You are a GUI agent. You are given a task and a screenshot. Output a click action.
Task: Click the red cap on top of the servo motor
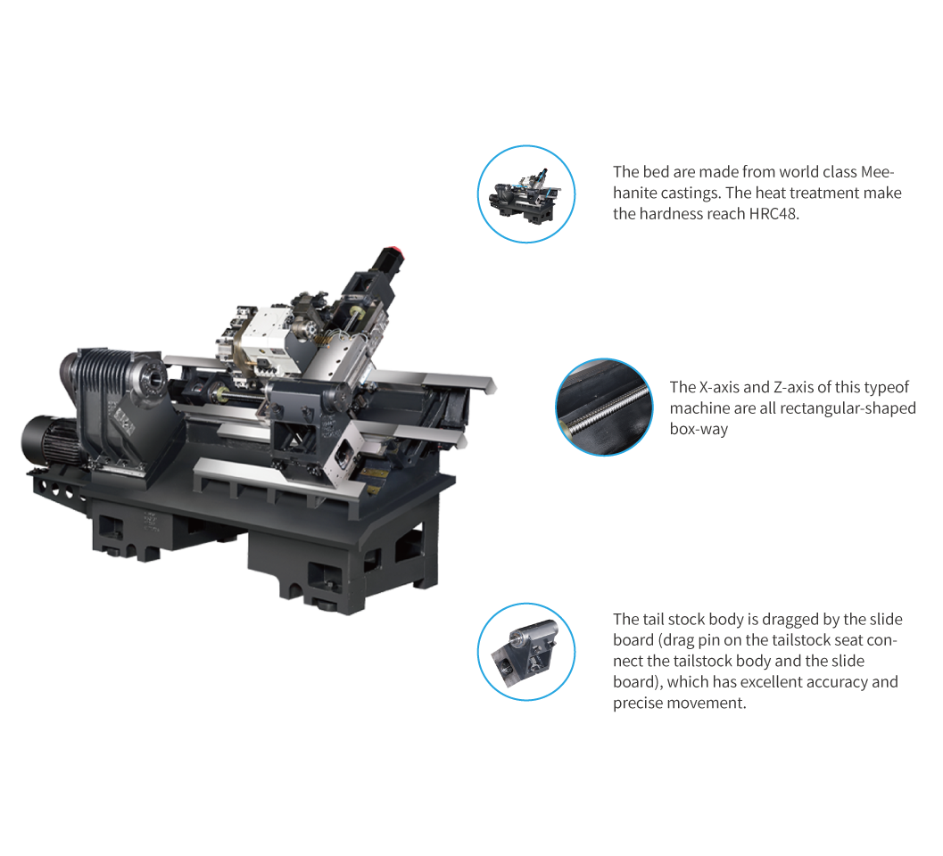pyautogui.click(x=393, y=251)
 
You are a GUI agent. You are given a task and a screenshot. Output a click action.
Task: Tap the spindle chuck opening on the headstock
pyautogui.click(x=154, y=381)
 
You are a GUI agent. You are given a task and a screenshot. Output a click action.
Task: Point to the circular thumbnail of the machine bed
pyautogui.click(x=526, y=194)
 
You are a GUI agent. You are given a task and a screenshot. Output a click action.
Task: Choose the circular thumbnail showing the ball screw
pyautogui.click(x=604, y=407)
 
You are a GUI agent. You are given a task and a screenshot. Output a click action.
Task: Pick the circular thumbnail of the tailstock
pyautogui.click(x=526, y=652)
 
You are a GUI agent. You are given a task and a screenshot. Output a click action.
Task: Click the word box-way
pyautogui.click(x=699, y=429)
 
